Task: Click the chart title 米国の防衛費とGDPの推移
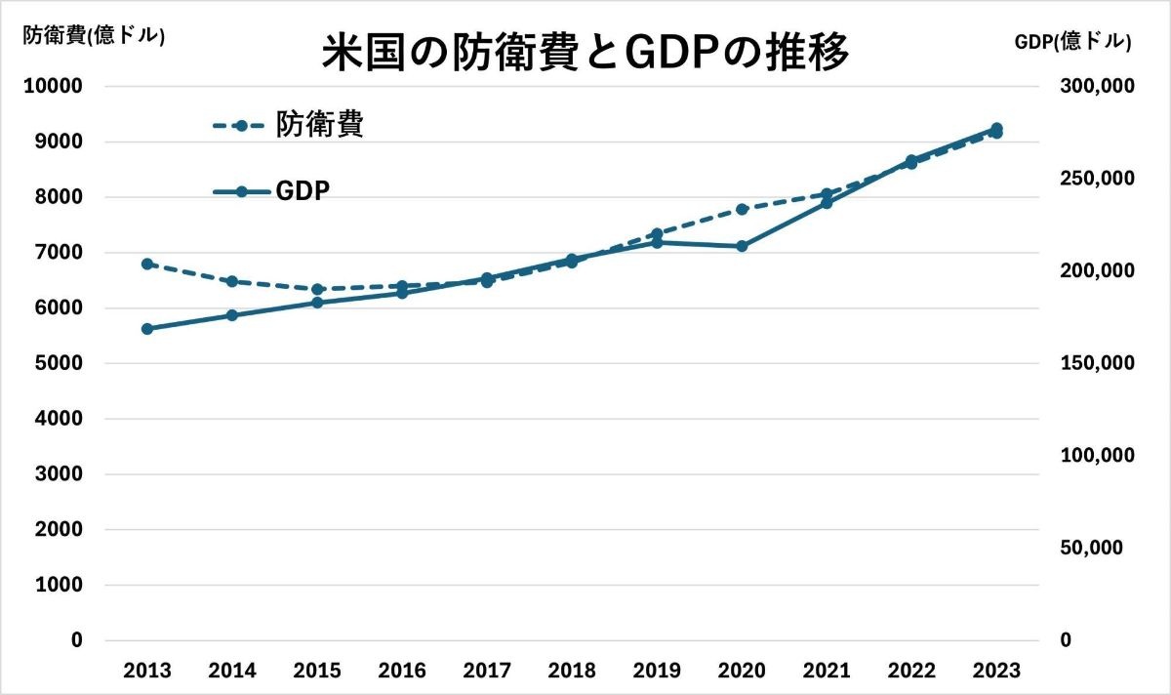pyautogui.click(x=585, y=53)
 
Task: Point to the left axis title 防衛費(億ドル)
pyautogui.click(x=94, y=36)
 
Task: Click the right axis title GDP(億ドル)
pyautogui.click(x=1072, y=41)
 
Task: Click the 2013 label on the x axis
pyautogui.click(x=147, y=671)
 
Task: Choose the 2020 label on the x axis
pyautogui.click(x=742, y=671)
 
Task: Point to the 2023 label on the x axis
pyautogui.click(x=996, y=671)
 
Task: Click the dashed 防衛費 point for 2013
pyautogui.click(x=147, y=264)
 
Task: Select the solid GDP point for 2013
pyautogui.click(x=147, y=329)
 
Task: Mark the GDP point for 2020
pyautogui.click(x=742, y=246)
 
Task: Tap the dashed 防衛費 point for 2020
pyautogui.click(x=742, y=209)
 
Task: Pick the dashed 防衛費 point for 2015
pyautogui.click(x=317, y=289)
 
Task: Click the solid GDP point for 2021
pyautogui.click(x=827, y=203)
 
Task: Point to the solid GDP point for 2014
pyautogui.click(x=232, y=315)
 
